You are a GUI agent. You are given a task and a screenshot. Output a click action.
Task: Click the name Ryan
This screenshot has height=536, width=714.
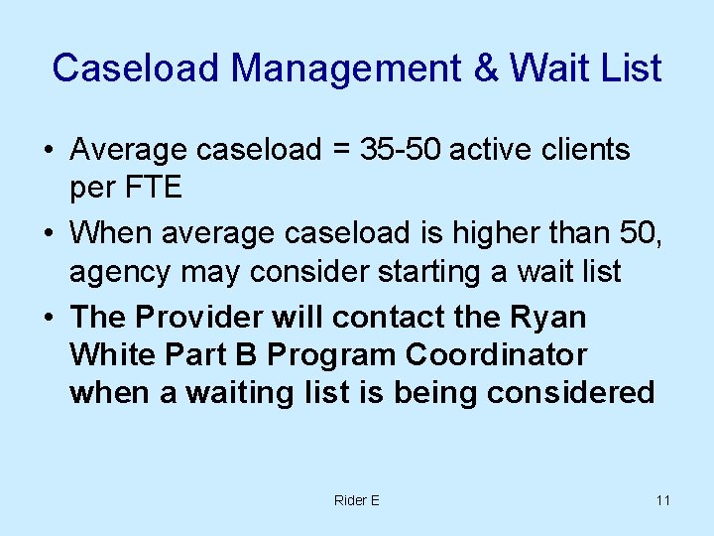[549, 318]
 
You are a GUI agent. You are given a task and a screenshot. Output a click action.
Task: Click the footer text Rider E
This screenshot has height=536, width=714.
[356, 500]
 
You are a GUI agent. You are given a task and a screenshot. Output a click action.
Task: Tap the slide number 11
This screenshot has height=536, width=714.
[662, 500]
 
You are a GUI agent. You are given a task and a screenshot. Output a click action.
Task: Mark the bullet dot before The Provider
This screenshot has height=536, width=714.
[47, 319]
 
